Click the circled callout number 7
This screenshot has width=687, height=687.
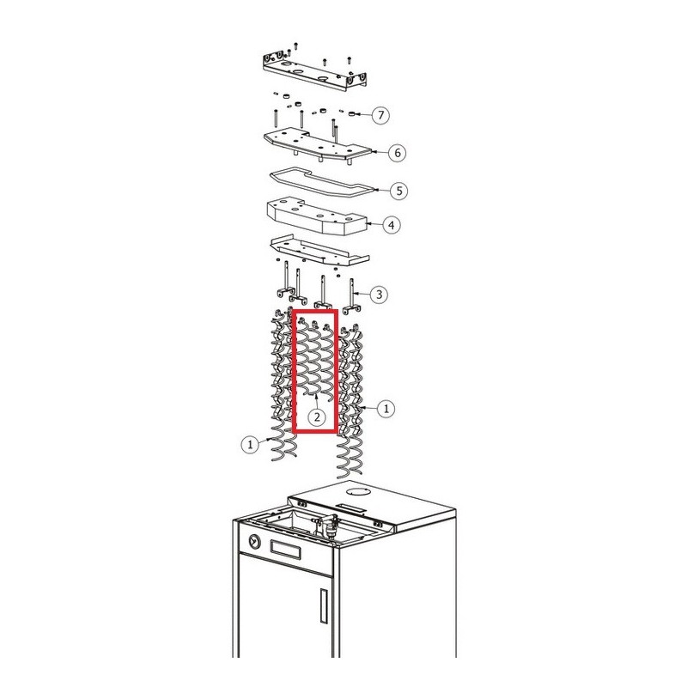[x=380, y=115]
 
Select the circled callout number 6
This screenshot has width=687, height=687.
[x=398, y=153]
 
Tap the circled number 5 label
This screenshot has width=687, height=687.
[x=398, y=191]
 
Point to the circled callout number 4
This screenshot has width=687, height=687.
[x=392, y=225]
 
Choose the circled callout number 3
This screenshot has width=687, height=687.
[x=379, y=294]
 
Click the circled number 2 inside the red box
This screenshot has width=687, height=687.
[x=317, y=416]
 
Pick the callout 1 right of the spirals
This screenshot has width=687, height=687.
[x=386, y=409]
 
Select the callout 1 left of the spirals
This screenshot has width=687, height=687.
[x=250, y=445]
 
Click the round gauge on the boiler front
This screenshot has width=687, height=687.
[x=254, y=542]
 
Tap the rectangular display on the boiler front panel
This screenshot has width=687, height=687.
[x=286, y=550]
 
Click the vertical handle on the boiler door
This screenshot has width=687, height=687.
[x=324, y=606]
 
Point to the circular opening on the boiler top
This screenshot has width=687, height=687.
[x=358, y=491]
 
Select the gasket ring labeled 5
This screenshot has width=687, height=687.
[x=323, y=181]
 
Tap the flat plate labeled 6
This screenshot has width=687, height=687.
[x=318, y=146]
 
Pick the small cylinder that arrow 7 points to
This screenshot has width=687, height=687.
[x=351, y=114]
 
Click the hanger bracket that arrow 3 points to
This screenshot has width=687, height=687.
[x=352, y=296]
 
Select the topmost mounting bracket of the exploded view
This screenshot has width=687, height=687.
[x=314, y=70]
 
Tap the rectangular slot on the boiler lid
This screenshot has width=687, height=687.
[x=352, y=508]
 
